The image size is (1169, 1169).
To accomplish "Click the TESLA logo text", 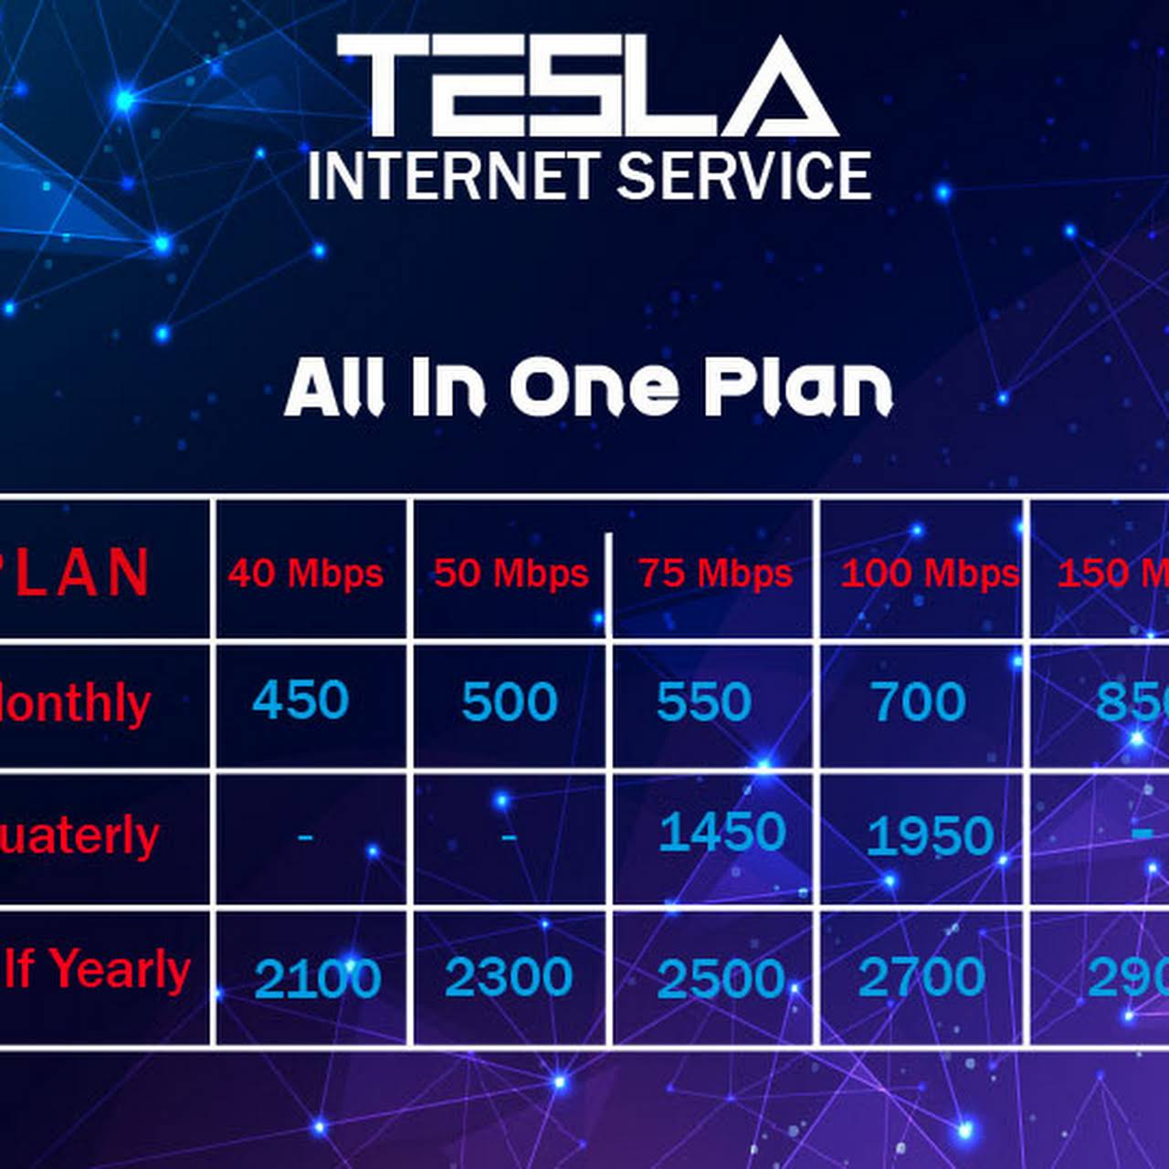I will (x=587, y=87).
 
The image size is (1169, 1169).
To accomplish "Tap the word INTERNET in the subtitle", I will (x=453, y=175).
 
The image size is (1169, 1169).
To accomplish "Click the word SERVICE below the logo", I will (x=743, y=175).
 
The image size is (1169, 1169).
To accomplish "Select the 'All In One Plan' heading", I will (x=587, y=387).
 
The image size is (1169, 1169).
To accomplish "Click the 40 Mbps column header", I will (x=306, y=574).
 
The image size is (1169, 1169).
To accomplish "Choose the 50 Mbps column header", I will (x=511, y=574).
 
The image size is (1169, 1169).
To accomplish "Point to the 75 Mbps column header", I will (x=715, y=574).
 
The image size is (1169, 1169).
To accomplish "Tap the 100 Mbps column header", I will (x=929, y=574).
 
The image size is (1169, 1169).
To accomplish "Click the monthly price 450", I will (x=300, y=700).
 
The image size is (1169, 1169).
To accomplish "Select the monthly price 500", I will (x=509, y=702).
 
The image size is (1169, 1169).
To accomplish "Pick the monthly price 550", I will (x=703, y=702).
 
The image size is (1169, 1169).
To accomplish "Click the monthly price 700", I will (x=918, y=702).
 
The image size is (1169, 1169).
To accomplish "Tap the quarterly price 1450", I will (x=721, y=832).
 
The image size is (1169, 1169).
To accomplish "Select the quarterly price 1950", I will (x=930, y=837).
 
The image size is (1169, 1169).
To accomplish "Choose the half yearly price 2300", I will (x=508, y=977).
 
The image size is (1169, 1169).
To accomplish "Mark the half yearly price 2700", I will (x=922, y=976).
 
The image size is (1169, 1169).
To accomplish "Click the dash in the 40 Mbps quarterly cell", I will (x=305, y=835).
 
